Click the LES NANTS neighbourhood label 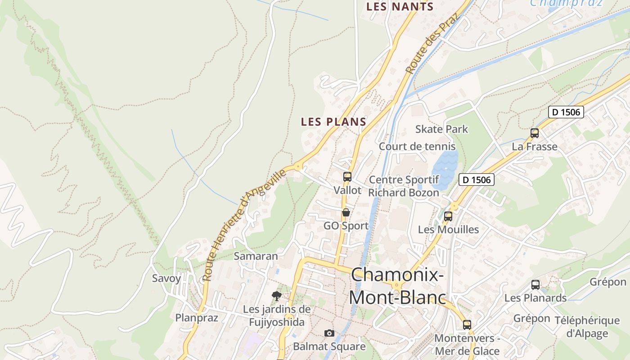[x=400, y=7]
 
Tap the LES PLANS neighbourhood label [x=333, y=121]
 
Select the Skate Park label [x=441, y=129]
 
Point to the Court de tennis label [x=417, y=146]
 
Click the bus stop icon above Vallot [x=347, y=177]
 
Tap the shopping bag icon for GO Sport [x=346, y=212]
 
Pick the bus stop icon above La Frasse [x=535, y=133]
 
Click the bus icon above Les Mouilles [x=448, y=216]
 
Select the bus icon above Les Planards [x=535, y=285]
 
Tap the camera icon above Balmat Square [x=329, y=333]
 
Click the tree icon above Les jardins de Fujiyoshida [x=277, y=296]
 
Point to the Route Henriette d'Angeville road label [x=244, y=225]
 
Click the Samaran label [x=256, y=256]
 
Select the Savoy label [x=166, y=278]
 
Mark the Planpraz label [x=197, y=318]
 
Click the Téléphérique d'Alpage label [x=587, y=327]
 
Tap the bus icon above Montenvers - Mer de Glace [x=467, y=324]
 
